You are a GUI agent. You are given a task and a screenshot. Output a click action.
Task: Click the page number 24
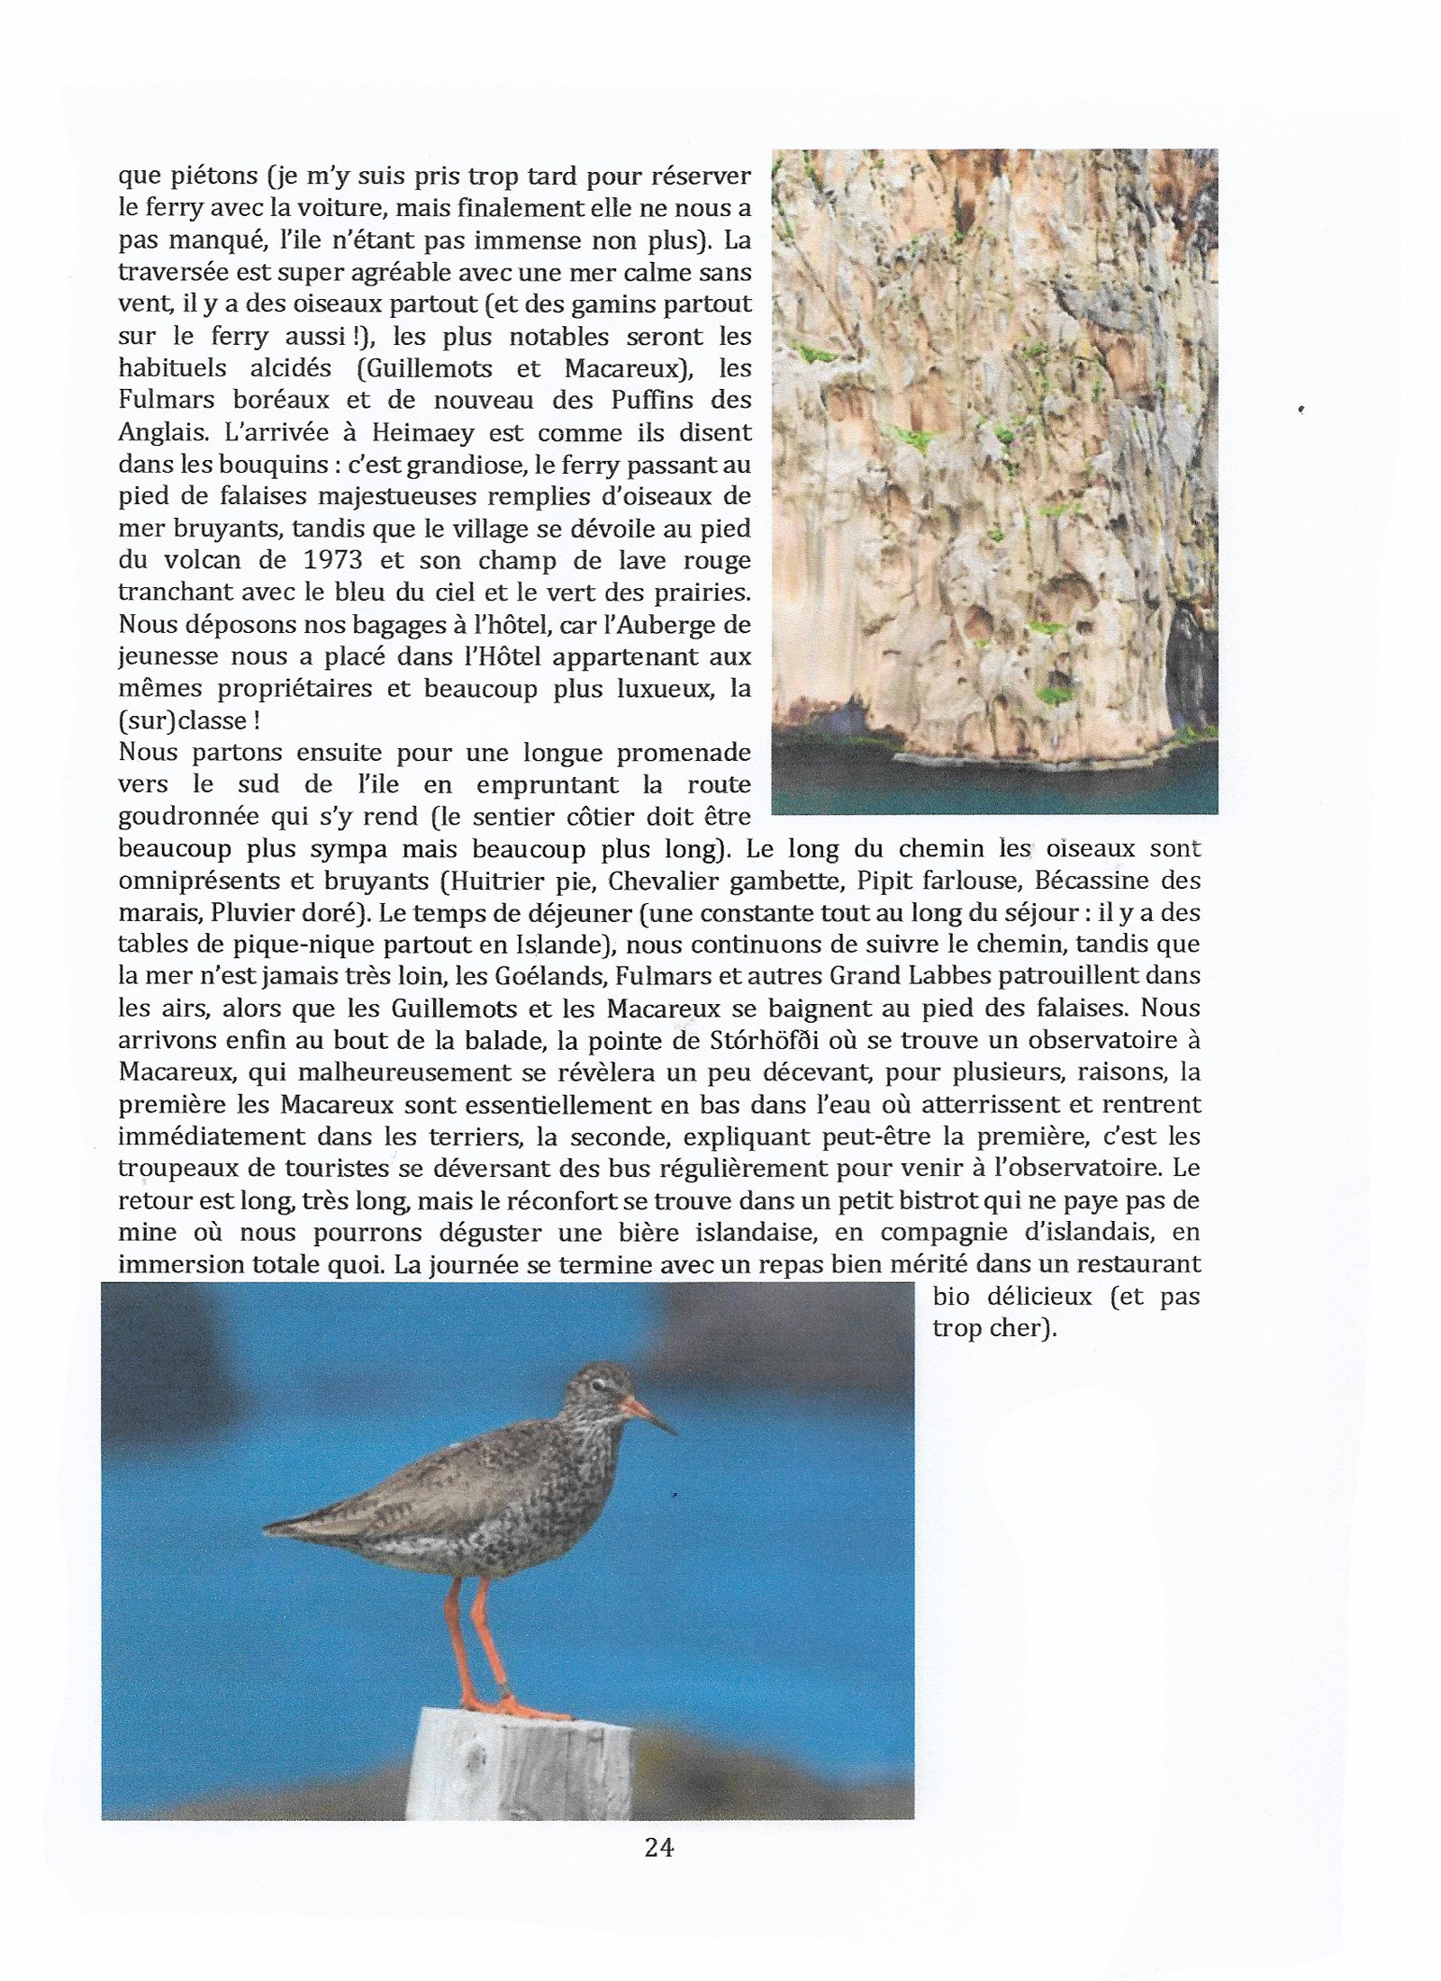(x=659, y=1847)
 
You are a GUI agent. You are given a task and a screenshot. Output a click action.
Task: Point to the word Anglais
(x=158, y=432)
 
